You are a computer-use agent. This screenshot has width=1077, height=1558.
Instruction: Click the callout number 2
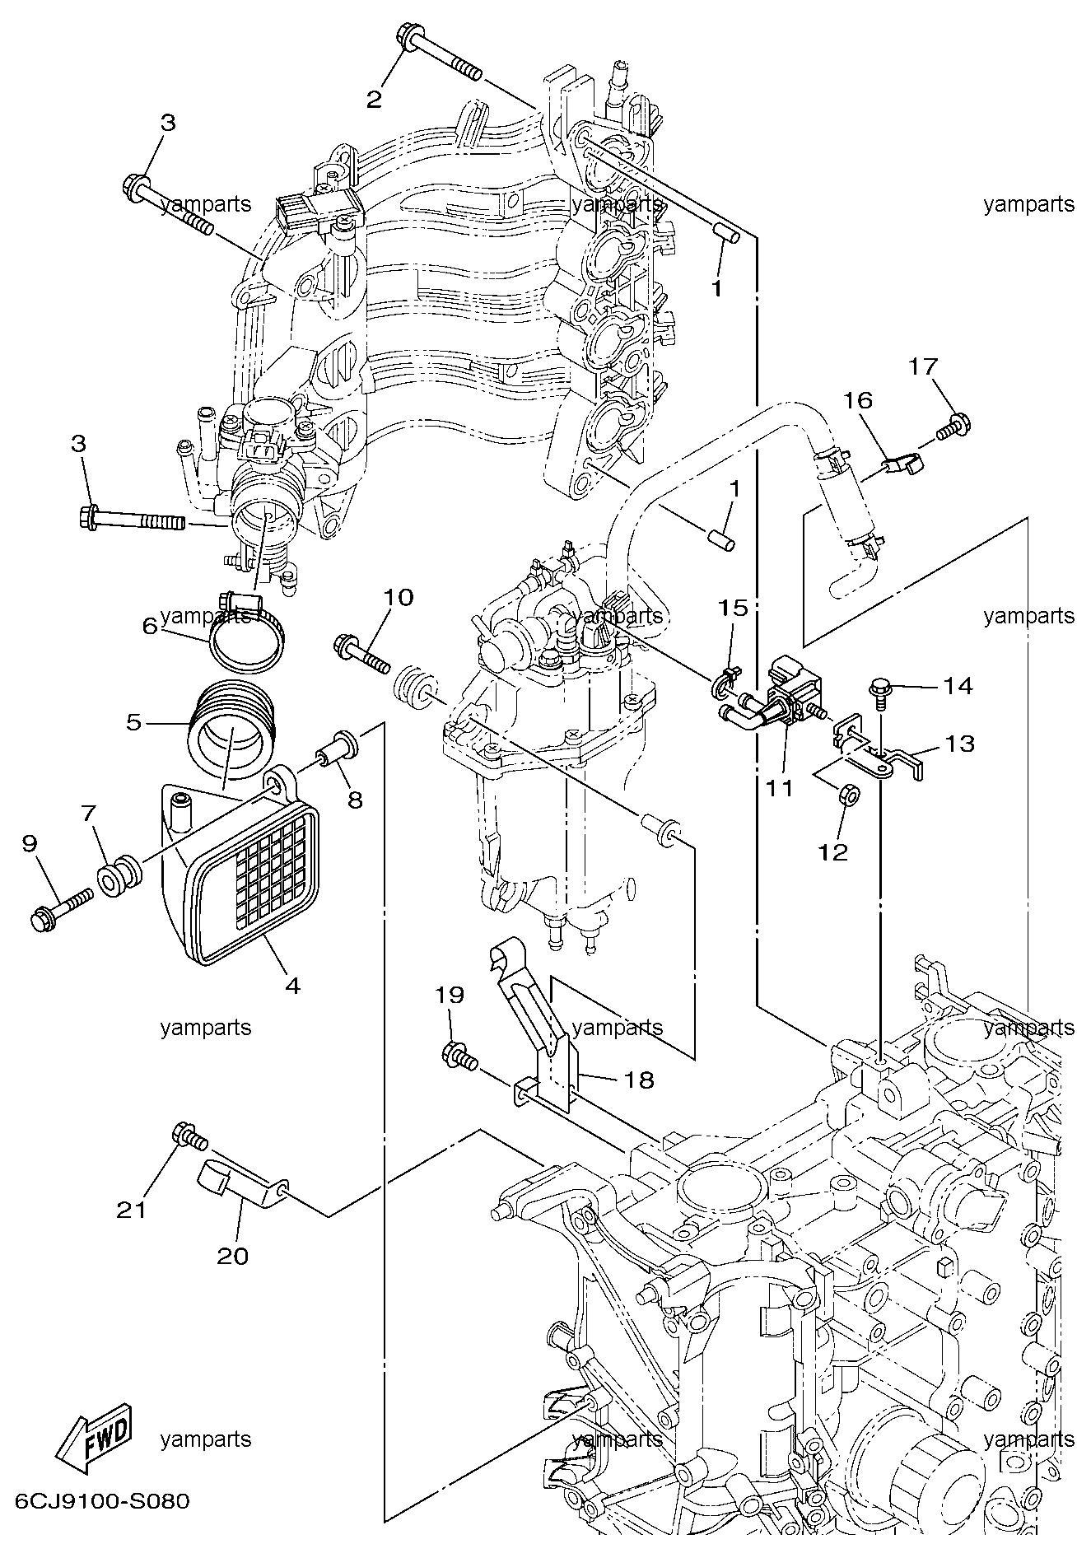pyautogui.click(x=374, y=100)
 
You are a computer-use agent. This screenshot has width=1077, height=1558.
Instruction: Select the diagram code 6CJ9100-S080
pyautogui.click(x=96, y=1501)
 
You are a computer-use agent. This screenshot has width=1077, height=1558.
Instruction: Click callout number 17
pyautogui.click(x=923, y=365)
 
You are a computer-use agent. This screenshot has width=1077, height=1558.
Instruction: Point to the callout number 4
pyautogui.click(x=292, y=985)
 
